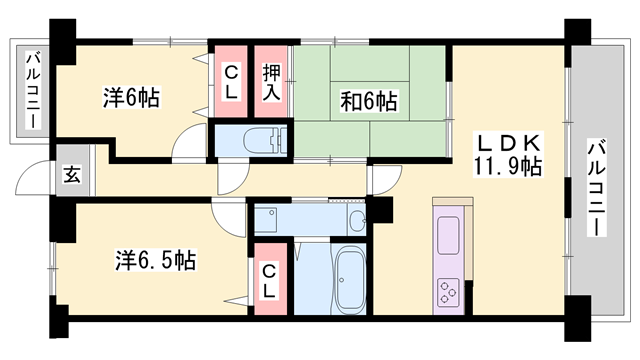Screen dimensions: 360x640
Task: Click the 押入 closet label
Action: tap(271, 81)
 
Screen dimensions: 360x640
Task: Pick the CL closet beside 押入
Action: tap(230, 81)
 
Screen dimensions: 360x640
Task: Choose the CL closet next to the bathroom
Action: tap(269, 280)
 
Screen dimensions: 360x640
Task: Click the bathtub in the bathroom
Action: tap(349, 279)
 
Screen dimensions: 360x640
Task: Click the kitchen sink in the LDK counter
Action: tap(446, 236)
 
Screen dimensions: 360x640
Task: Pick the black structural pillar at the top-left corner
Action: tap(63, 40)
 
